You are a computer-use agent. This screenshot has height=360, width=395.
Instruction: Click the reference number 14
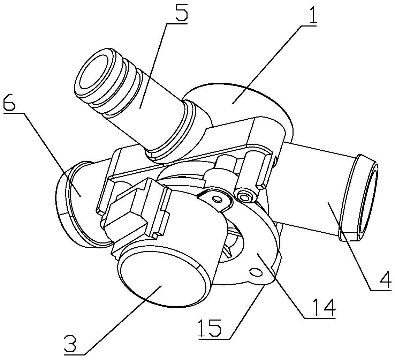point(319,307)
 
